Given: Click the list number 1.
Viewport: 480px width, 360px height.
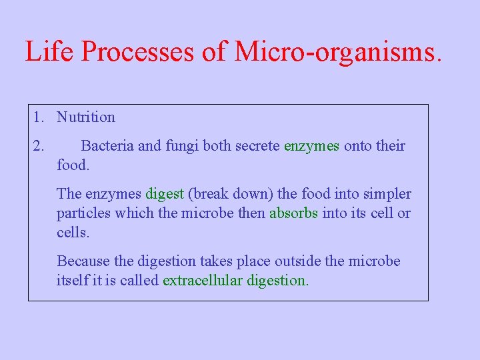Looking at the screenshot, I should (39, 117).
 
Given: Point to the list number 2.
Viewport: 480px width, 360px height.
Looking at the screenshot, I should (39, 146).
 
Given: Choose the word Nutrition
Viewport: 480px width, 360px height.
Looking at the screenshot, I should (86, 117).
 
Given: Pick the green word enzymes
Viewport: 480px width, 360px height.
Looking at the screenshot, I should (312, 146).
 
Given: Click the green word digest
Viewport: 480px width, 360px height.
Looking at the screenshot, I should (165, 194).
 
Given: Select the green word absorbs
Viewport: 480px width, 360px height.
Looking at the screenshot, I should (293, 213).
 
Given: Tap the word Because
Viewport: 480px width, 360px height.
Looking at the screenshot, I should (81, 261).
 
